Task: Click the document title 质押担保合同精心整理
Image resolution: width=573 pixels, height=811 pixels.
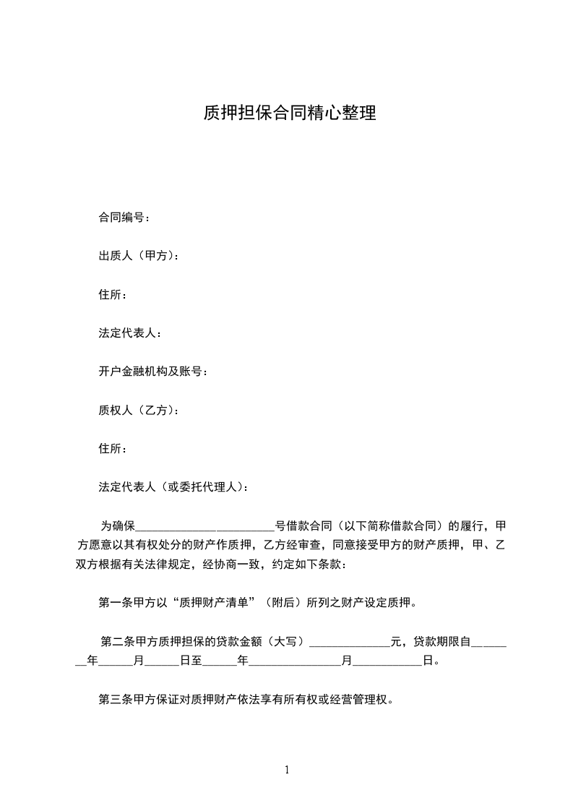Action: coord(289,113)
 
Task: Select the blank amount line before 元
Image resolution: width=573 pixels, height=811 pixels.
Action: coord(349,642)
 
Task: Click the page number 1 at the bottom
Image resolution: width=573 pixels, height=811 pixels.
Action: coord(287,770)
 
